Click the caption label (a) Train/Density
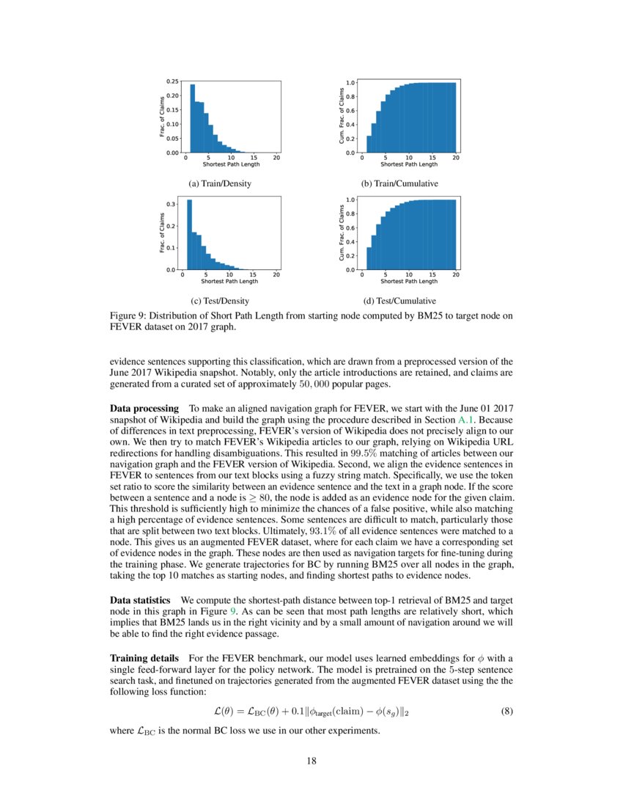(220, 183)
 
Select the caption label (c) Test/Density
(220, 301)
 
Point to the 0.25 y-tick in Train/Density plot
(172, 81)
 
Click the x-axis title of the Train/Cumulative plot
(408, 164)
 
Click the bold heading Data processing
(144, 407)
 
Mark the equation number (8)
(506, 711)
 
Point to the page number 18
(311, 761)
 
